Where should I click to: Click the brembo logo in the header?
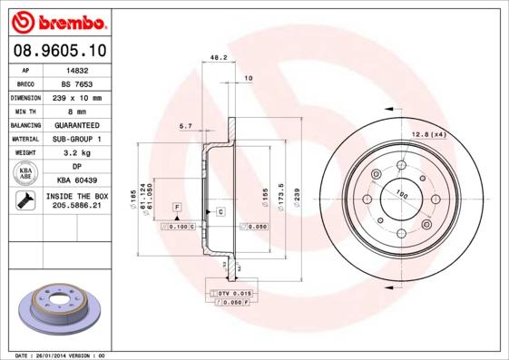click(57, 20)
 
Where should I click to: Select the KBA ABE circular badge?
click(25, 174)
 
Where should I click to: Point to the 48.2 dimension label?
click(218, 57)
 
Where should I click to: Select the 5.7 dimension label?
click(185, 125)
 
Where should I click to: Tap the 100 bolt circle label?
click(399, 193)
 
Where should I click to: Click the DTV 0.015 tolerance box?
click(224, 295)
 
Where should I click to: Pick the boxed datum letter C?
click(220, 211)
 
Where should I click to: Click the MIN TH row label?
click(25, 111)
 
